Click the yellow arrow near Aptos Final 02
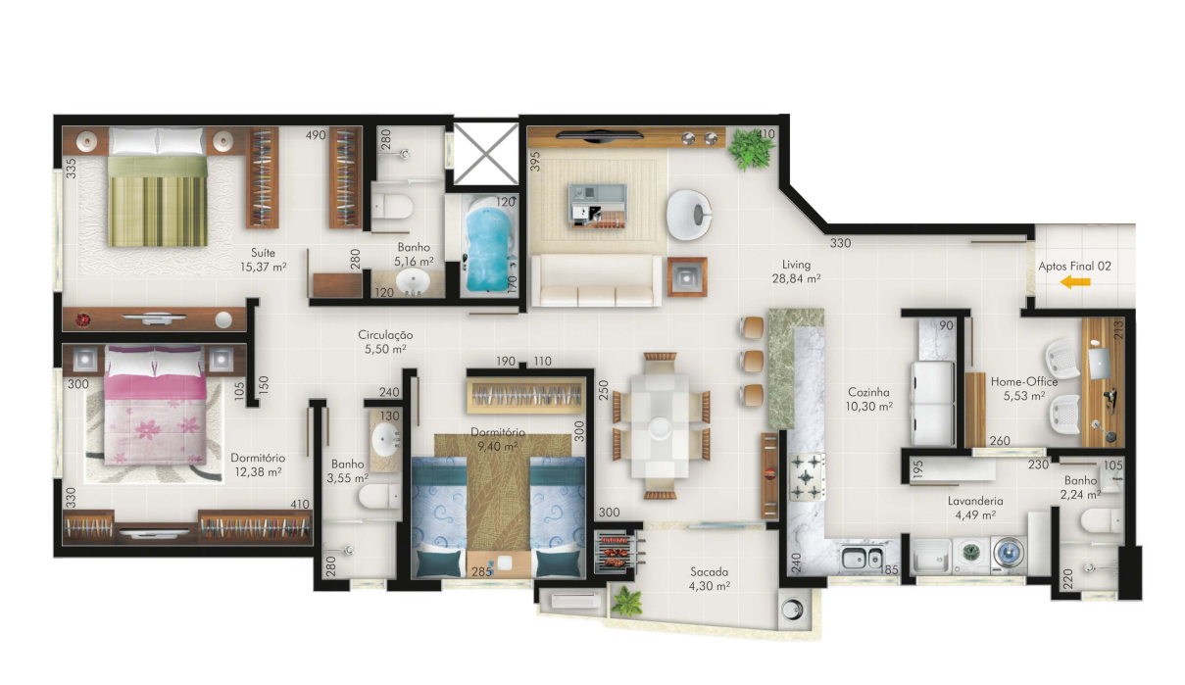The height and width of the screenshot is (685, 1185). click(x=1075, y=282)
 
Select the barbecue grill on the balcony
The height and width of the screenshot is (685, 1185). click(x=616, y=552)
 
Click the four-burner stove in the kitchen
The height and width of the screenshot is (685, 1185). click(x=808, y=476)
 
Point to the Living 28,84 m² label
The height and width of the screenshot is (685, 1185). click(x=796, y=271)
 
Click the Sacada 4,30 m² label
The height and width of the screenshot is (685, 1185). click(x=710, y=579)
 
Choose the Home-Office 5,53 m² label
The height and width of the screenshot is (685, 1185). click(x=1024, y=388)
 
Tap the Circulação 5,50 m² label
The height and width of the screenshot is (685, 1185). click(x=385, y=342)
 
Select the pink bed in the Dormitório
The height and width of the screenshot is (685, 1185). click(x=155, y=405)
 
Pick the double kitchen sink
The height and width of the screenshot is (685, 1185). click(x=863, y=558)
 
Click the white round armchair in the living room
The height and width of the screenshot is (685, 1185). click(x=689, y=215)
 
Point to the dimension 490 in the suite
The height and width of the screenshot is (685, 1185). click(x=316, y=135)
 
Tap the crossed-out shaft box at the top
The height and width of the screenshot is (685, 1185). click(x=485, y=155)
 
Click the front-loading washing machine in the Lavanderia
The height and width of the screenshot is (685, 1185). click(x=1009, y=554)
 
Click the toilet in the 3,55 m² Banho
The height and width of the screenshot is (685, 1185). click(x=379, y=497)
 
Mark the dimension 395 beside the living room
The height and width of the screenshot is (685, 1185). click(x=535, y=162)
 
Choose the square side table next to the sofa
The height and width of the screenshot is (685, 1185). click(x=687, y=276)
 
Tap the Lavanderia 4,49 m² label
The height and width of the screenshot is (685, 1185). click(x=975, y=508)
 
